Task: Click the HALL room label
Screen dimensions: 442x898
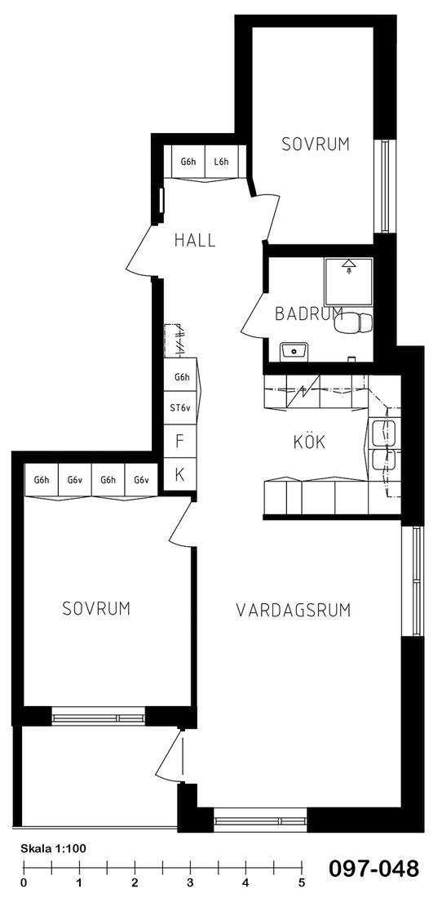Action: point(195,240)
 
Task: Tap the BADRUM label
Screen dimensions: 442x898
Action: point(309,313)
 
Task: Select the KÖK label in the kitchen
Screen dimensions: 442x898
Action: point(309,442)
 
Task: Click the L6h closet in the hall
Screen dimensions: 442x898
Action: point(221,162)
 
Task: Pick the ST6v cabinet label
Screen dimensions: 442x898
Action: point(180,408)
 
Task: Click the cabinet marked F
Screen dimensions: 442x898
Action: point(179,441)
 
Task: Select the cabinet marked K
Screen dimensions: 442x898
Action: point(179,475)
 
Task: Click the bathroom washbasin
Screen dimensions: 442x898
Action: point(294,351)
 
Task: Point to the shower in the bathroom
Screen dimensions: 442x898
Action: point(348,282)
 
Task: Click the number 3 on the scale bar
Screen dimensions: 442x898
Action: point(190,882)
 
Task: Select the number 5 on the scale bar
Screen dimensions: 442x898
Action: point(302,882)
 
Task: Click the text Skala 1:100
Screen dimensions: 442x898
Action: point(53,849)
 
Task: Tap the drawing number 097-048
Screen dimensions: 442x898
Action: point(374,869)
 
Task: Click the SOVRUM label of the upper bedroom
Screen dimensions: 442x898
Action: point(315,144)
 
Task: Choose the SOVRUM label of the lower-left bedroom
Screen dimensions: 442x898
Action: point(96,608)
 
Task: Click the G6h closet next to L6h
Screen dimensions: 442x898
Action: point(188,162)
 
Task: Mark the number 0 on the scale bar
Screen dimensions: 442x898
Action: point(24,882)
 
